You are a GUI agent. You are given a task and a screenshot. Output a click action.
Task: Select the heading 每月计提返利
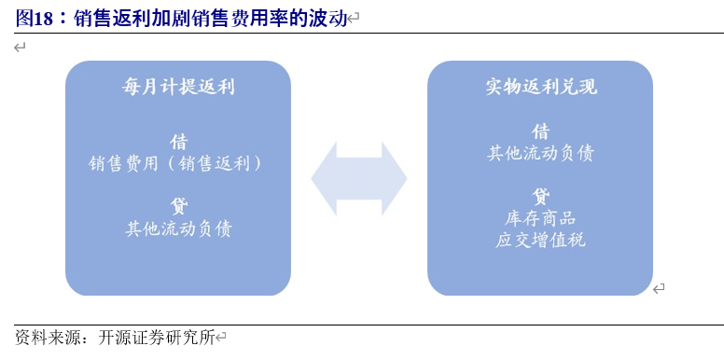(x=178, y=88)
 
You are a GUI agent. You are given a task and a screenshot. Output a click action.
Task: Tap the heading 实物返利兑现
(x=541, y=87)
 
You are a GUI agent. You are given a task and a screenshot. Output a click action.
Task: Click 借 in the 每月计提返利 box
(x=178, y=142)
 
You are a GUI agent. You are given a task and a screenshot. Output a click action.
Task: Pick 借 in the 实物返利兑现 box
(x=540, y=132)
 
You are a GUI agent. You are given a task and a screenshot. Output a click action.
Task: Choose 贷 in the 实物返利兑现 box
(x=540, y=196)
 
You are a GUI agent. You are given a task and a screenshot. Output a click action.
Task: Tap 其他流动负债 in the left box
(x=178, y=228)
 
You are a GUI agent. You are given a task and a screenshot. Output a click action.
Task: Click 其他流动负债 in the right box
(x=540, y=153)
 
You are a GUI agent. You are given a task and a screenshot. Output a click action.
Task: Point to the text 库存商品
(x=540, y=218)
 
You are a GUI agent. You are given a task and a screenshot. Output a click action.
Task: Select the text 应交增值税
(x=540, y=240)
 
